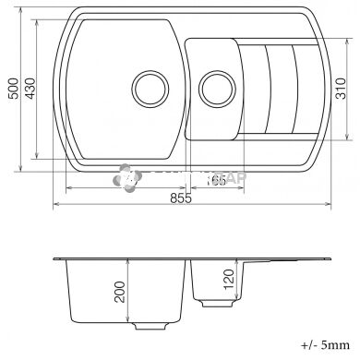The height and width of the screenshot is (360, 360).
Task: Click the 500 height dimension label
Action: pyautogui.click(x=13, y=90)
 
